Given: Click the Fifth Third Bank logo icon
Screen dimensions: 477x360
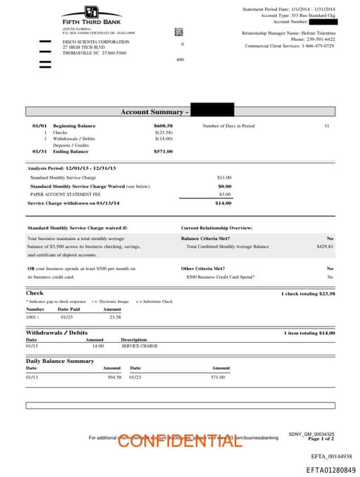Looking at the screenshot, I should point(91,12).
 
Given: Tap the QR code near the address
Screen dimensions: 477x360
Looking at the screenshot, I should point(179,32).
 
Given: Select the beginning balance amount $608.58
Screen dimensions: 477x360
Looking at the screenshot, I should point(163,126).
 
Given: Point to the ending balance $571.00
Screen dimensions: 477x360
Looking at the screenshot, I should point(163,151).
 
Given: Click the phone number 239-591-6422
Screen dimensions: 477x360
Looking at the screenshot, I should point(322,39).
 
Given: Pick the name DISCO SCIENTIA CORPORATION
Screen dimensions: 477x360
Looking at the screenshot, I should point(91,42).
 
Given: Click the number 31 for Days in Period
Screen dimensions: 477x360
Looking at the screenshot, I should point(326,126).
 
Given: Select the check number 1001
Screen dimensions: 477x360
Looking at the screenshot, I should point(32,317).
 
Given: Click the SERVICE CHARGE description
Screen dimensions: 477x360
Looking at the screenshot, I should point(139,346).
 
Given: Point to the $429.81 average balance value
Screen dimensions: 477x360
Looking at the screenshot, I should point(325,247).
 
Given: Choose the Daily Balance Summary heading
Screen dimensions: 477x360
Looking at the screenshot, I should point(60,361).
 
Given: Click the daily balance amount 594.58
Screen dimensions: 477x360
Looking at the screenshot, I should point(114,377).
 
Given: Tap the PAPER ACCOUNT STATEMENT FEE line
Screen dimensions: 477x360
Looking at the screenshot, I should point(60,193).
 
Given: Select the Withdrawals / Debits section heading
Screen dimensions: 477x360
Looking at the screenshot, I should point(57,333).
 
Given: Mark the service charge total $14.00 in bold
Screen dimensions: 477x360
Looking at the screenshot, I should point(223,203).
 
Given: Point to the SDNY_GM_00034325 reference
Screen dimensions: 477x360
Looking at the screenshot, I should point(311,434).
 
